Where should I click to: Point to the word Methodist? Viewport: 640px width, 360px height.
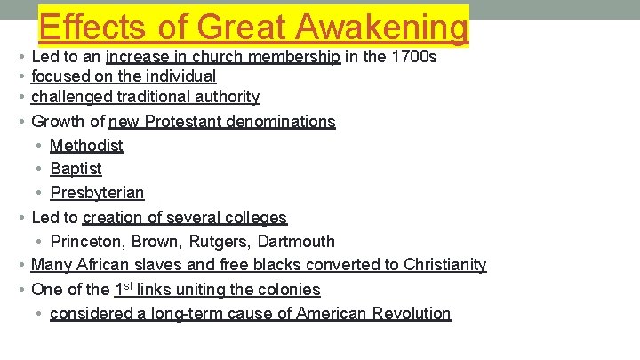(86, 145)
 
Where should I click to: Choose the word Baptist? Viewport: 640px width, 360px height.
(76, 169)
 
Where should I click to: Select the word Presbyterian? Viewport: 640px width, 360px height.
(97, 193)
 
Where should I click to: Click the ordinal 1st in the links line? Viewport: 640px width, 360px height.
(124, 288)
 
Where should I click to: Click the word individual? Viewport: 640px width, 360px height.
(182, 76)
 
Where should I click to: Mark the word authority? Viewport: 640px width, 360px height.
(226, 97)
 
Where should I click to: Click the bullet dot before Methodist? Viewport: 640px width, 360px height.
(39, 146)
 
